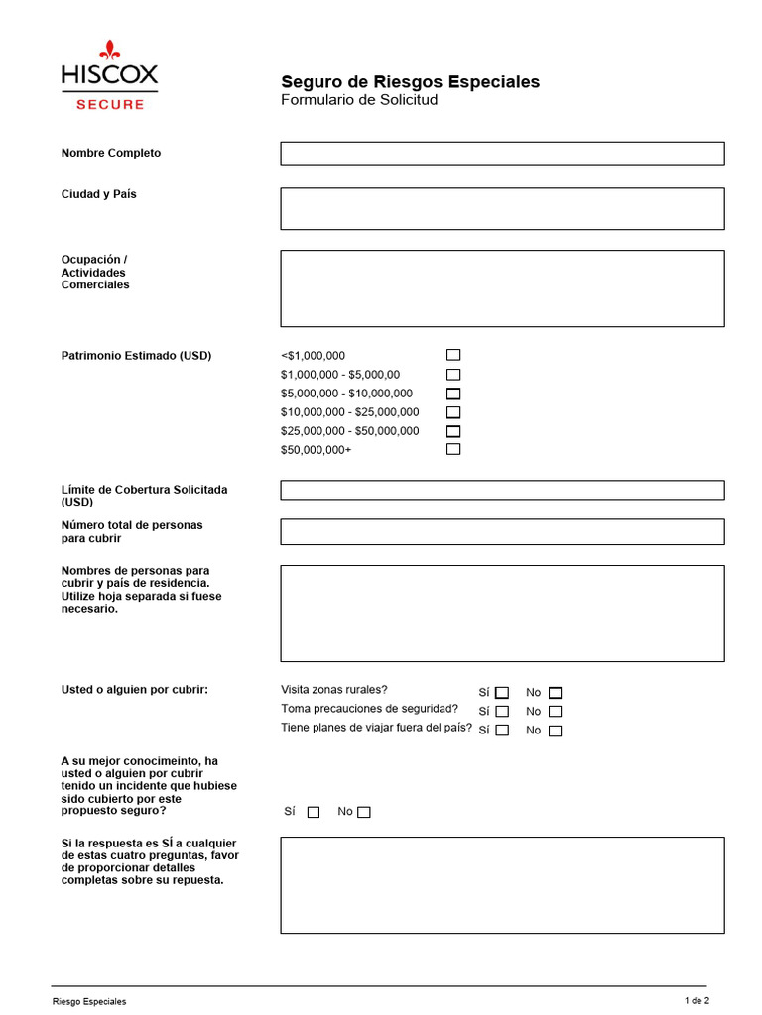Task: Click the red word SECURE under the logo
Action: click(110, 104)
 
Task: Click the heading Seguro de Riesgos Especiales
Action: click(411, 81)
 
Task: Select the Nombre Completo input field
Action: click(502, 153)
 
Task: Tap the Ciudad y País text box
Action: click(502, 208)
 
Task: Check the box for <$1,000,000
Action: click(453, 355)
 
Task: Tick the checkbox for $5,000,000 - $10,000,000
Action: click(453, 394)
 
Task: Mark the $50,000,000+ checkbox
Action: click(453, 449)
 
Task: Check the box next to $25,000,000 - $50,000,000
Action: click(453, 431)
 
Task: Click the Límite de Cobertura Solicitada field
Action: click(502, 490)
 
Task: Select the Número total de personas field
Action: click(502, 531)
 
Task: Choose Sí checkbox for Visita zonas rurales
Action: click(502, 693)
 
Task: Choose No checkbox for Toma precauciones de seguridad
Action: click(555, 712)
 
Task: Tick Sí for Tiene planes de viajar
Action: click(502, 731)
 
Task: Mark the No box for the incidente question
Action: click(364, 812)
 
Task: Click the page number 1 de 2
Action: click(698, 1000)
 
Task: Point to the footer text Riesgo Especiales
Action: click(89, 1002)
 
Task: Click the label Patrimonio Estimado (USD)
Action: click(136, 356)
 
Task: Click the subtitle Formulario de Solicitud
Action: click(359, 100)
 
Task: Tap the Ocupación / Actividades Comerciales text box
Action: click(502, 288)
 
